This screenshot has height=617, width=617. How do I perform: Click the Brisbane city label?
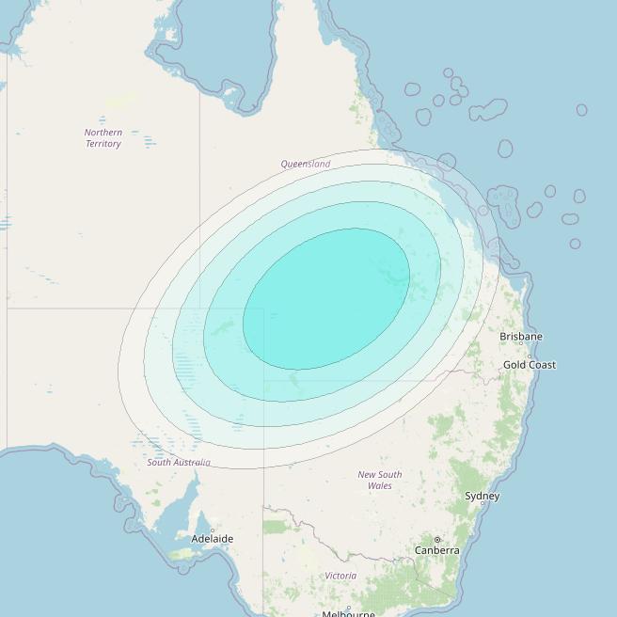(521, 336)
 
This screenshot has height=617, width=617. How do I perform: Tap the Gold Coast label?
(529, 364)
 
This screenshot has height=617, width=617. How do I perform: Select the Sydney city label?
(483, 496)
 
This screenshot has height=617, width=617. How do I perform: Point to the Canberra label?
(437, 550)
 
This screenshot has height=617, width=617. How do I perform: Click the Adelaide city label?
(212, 539)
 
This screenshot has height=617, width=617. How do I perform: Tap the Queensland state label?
(306, 164)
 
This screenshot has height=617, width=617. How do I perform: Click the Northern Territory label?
(103, 138)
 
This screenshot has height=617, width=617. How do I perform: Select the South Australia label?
(179, 463)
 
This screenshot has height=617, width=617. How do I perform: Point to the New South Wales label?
(380, 480)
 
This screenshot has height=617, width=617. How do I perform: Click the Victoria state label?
(340, 575)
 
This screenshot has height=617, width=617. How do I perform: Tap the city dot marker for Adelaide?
(213, 530)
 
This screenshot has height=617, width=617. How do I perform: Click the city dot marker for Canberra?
(437, 540)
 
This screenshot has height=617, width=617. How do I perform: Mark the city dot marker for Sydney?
(483, 504)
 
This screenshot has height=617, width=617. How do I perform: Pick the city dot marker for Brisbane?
(521, 343)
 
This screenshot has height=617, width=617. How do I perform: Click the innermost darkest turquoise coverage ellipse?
(325, 298)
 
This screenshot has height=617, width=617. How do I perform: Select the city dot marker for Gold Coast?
(530, 356)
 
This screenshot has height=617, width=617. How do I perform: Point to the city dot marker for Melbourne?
(348, 607)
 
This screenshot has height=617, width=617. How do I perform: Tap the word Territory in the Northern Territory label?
(103, 144)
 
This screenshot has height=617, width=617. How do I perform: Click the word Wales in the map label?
(380, 485)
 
